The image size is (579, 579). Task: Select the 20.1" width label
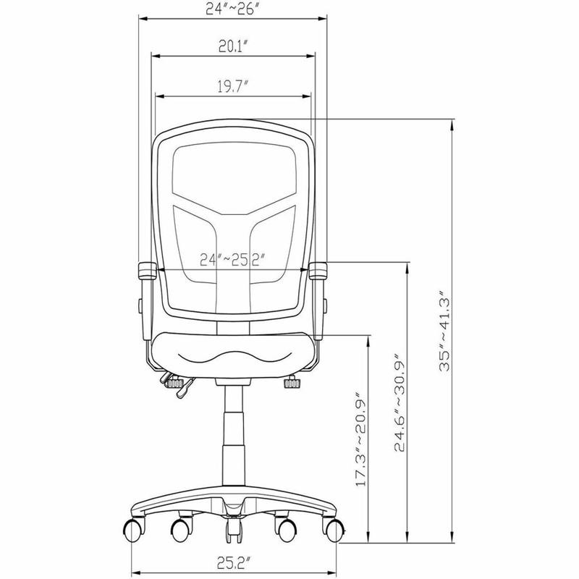pos(232,46)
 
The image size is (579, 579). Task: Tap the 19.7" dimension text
pos(232,87)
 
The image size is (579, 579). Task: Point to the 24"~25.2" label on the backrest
pos(232,260)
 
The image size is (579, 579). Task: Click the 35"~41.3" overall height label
pos(445,330)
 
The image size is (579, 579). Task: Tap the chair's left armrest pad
pos(147,271)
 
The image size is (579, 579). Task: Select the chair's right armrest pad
pos(318,270)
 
